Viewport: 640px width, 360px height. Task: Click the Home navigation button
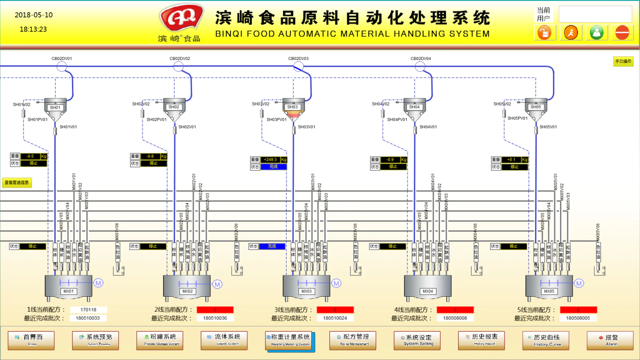(x=31, y=340)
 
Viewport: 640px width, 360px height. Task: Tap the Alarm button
(x=610, y=340)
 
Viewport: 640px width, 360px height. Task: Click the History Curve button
(x=546, y=340)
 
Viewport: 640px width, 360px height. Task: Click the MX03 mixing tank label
(x=306, y=291)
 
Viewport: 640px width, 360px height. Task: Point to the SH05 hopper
(x=536, y=107)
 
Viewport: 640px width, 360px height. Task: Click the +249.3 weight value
(x=270, y=160)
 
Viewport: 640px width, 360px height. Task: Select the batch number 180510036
(x=215, y=318)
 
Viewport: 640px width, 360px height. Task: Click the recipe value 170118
(x=88, y=310)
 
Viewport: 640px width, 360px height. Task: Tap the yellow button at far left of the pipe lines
(x=17, y=182)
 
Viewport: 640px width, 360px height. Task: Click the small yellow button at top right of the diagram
(x=623, y=61)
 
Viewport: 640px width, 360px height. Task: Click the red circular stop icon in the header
(x=622, y=32)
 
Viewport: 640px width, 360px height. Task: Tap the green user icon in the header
(x=597, y=32)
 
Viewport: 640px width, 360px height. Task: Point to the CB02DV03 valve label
(x=298, y=59)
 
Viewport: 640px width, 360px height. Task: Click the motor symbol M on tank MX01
(x=98, y=283)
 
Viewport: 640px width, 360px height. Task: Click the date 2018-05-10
(x=34, y=15)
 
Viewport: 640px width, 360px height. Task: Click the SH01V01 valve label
(x=68, y=127)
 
